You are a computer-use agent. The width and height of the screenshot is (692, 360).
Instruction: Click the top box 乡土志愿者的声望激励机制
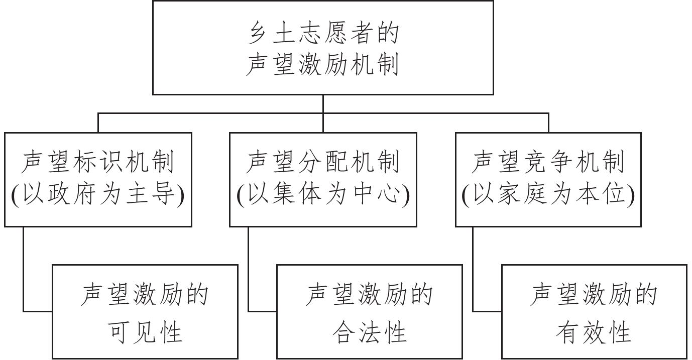(x=323, y=48)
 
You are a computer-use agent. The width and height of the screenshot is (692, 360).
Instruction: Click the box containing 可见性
(x=145, y=311)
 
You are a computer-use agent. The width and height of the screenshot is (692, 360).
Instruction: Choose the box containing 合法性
(x=370, y=311)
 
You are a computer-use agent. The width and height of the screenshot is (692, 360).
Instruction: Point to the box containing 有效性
(x=594, y=311)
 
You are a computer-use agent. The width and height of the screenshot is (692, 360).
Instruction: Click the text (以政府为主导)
(x=98, y=196)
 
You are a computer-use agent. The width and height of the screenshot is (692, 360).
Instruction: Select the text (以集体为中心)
(x=323, y=196)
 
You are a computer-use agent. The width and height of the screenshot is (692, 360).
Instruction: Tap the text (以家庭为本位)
(x=548, y=196)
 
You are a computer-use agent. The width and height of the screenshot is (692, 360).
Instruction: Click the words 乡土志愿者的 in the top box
(x=323, y=34)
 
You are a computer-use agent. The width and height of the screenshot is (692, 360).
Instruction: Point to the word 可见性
(x=145, y=332)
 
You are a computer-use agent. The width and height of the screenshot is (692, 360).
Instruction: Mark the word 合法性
(x=370, y=332)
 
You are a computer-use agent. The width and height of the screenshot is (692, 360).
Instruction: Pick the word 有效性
(x=594, y=332)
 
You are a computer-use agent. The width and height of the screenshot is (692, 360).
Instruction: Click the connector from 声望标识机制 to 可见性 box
(x=24, y=271)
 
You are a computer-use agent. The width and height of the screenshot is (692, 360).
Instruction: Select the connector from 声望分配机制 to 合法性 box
(x=249, y=271)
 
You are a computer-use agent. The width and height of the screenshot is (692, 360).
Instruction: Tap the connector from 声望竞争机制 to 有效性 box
(x=473, y=271)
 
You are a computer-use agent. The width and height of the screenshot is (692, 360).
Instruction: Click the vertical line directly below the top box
(x=323, y=104)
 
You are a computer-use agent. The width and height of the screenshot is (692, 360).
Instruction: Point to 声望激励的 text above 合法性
(x=370, y=295)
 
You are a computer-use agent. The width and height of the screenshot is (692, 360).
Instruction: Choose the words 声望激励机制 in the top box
(x=323, y=65)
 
